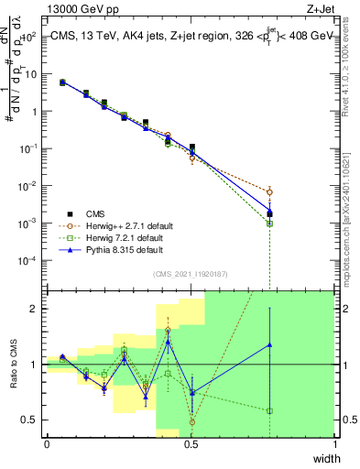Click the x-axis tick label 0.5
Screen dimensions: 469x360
coord(191,443)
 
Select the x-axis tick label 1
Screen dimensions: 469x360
coord(335,443)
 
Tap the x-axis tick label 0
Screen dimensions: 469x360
coord(47,443)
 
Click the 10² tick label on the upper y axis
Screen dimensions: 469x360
coord(30,37)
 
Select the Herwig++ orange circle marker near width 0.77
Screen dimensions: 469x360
coord(269,192)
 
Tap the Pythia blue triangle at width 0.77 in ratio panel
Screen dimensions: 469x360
coord(269,345)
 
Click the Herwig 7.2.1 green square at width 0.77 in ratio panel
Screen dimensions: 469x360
coord(269,410)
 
